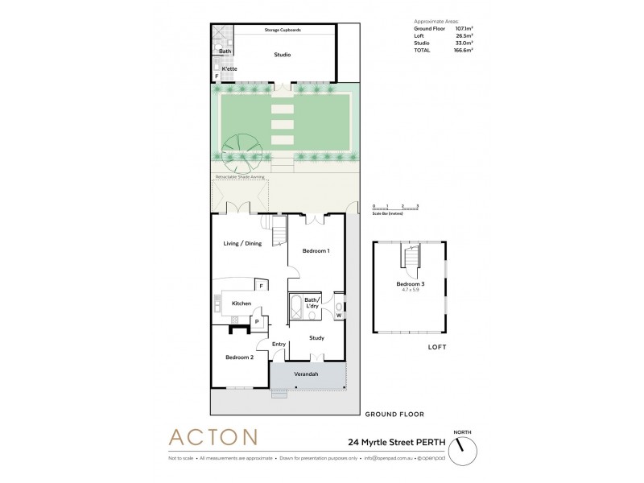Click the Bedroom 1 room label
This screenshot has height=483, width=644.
tap(316, 252)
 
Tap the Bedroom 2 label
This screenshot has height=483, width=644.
tap(239, 357)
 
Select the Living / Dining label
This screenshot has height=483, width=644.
tap(242, 243)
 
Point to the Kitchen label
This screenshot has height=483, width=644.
tap(242, 303)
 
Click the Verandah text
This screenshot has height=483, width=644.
tap(308, 374)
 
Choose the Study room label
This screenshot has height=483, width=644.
tap(316, 338)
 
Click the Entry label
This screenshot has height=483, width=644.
tap(279, 345)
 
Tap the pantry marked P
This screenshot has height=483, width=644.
tap(257, 321)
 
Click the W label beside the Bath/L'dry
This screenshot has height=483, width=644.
tap(339, 315)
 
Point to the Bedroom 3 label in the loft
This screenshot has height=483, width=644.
tap(410, 284)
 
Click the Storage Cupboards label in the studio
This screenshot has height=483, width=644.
tap(283, 30)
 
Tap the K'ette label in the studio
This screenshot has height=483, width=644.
tap(229, 70)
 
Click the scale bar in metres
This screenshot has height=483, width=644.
tap(396, 208)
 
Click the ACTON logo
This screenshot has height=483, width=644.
tap(213, 438)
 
